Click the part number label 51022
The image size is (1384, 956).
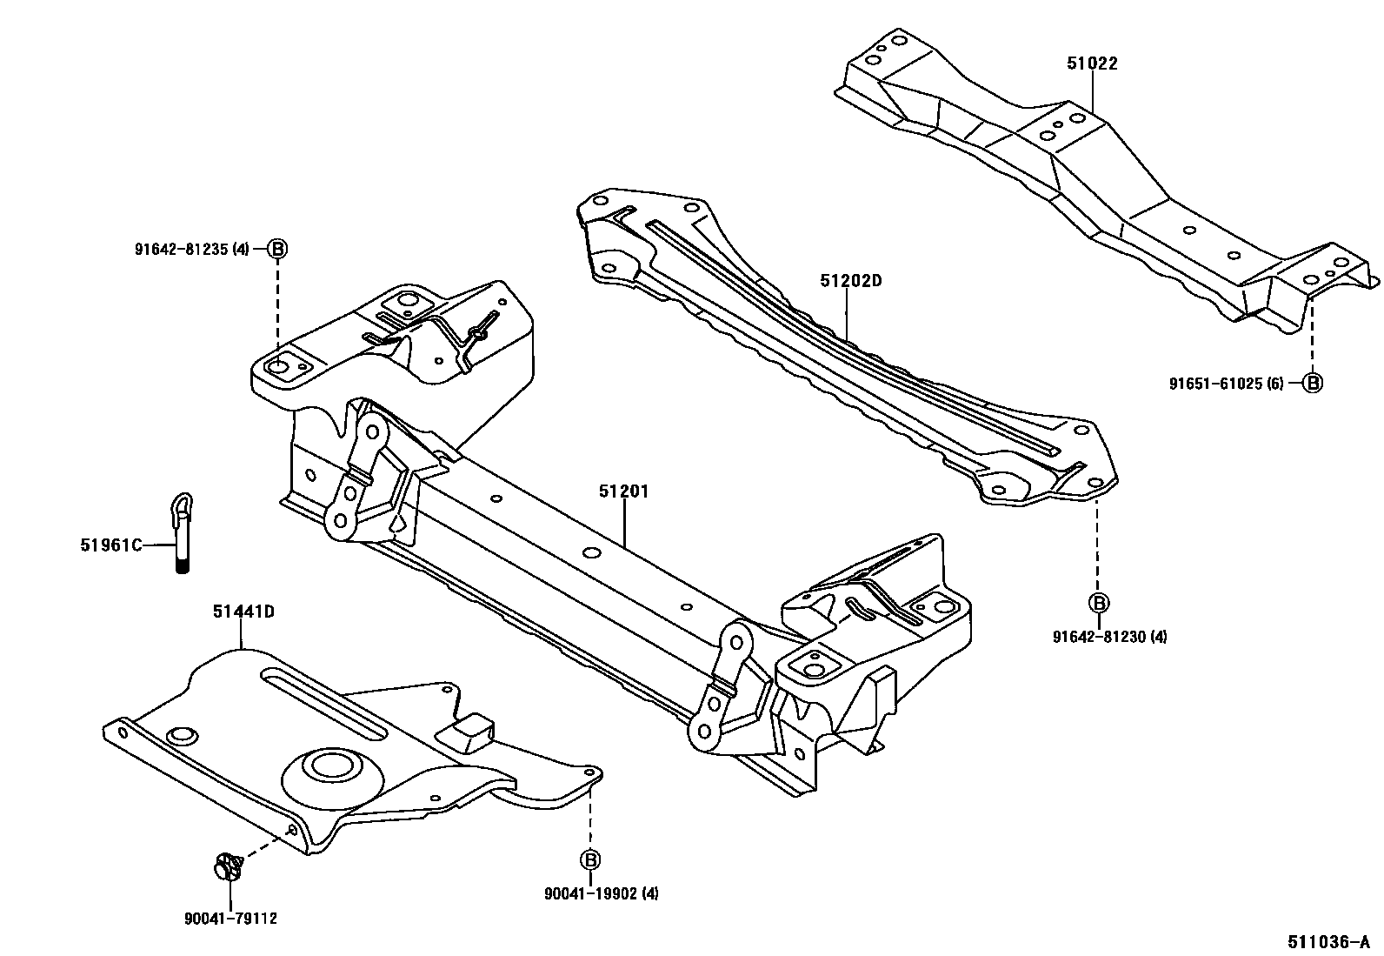1092,64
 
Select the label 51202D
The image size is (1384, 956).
850,281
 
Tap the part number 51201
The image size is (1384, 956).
623,491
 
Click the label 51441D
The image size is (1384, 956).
243,612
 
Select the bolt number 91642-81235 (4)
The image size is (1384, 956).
191,249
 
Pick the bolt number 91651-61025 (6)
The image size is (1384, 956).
1226,383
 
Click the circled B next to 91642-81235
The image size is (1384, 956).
276,249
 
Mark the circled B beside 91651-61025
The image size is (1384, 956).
1312,383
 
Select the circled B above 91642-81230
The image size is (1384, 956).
1098,603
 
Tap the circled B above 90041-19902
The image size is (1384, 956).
589,859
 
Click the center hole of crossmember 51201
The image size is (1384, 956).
590,553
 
